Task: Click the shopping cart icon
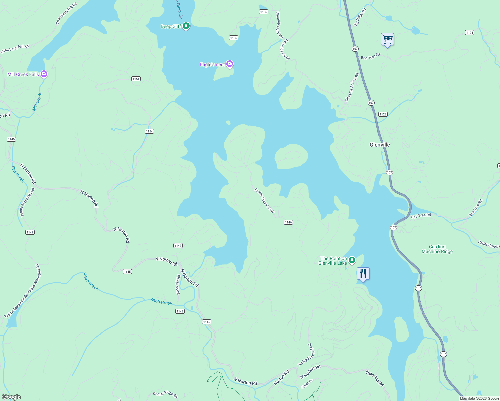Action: pos(387,39)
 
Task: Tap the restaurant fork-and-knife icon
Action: pos(363,274)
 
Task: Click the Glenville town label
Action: pos(380,145)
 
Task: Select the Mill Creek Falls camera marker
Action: pos(44,74)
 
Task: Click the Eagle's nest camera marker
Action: pos(229,64)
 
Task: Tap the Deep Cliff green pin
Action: pos(186,26)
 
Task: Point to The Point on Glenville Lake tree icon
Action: pos(352,260)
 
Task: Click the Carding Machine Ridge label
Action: pos(437,249)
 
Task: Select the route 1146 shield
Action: pos(288,222)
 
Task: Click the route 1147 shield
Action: pos(178,246)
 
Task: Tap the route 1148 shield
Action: pos(180,311)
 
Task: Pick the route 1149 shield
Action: pos(30,232)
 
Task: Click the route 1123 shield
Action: pos(383,114)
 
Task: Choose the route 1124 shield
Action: pos(470,33)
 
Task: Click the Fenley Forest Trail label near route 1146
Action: pos(265,200)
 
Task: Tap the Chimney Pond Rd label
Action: pos(280,25)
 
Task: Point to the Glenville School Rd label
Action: pos(352,87)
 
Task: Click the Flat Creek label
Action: pos(18,174)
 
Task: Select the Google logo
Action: pos(11,397)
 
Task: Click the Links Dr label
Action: pos(307,384)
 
